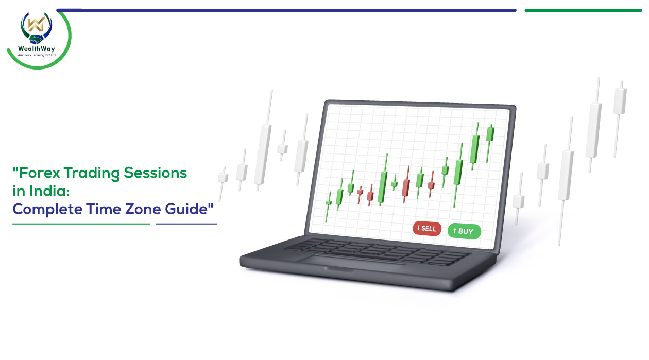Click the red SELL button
click(427, 229)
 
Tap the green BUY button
click(464, 231)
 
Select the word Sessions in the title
click(156, 173)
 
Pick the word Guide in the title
click(186, 209)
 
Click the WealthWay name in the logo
click(36, 48)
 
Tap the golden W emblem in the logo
click(35, 24)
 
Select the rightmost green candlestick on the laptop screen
click(490, 143)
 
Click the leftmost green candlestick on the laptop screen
click(328, 207)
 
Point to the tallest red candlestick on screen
click(406, 184)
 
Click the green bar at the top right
click(583, 10)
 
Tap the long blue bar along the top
click(286, 10)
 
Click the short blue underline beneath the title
click(186, 224)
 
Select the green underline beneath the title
click(81, 224)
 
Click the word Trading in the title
click(92, 174)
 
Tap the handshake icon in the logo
click(36, 39)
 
